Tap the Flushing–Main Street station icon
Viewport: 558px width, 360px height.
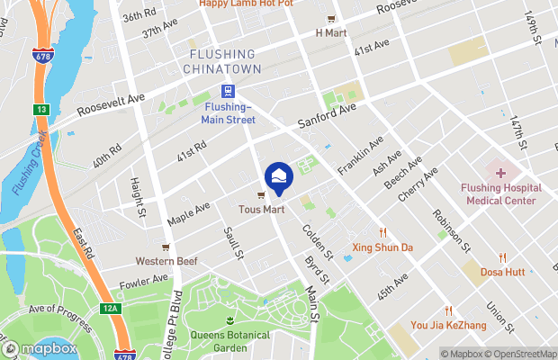pyautogui.click(x=228, y=91)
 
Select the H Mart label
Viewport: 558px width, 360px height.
pyautogui.click(x=331, y=33)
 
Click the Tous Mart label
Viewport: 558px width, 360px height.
pyautogui.click(x=262, y=210)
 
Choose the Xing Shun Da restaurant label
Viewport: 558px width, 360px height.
pyautogui.click(x=382, y=247)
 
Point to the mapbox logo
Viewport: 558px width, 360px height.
pyautogui.click(x=39, y=348)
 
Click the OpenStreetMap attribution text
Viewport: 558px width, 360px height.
pyautogui.click(x=521, y=354)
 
